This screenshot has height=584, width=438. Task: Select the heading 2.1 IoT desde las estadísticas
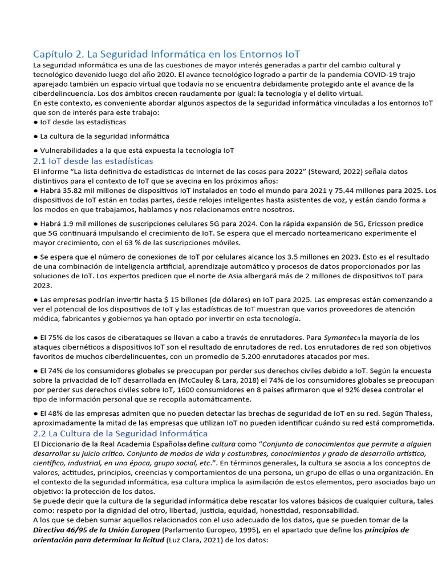coord(93,161)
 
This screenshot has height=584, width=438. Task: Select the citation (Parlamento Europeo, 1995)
coord(204,530)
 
